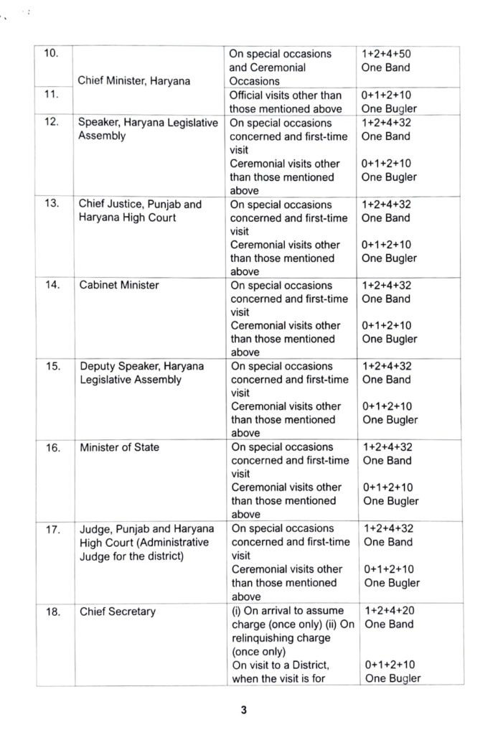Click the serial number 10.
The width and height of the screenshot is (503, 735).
tap(51, 54)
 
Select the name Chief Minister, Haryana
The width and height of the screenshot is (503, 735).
tap(134, 81)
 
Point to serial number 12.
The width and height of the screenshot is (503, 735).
tap(51, 123)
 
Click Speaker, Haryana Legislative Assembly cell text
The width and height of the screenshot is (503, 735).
tap(147, 129)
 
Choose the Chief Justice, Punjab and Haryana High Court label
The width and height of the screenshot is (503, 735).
tap(140, 210)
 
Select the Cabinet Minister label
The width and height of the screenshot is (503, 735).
tap(119, 285)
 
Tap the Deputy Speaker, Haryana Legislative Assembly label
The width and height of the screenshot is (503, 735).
tap(141, 373)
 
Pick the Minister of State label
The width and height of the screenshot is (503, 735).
tap(120, 447)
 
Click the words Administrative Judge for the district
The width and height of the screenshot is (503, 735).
tap(144, 548)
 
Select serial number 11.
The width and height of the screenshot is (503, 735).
tap(51, 95)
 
